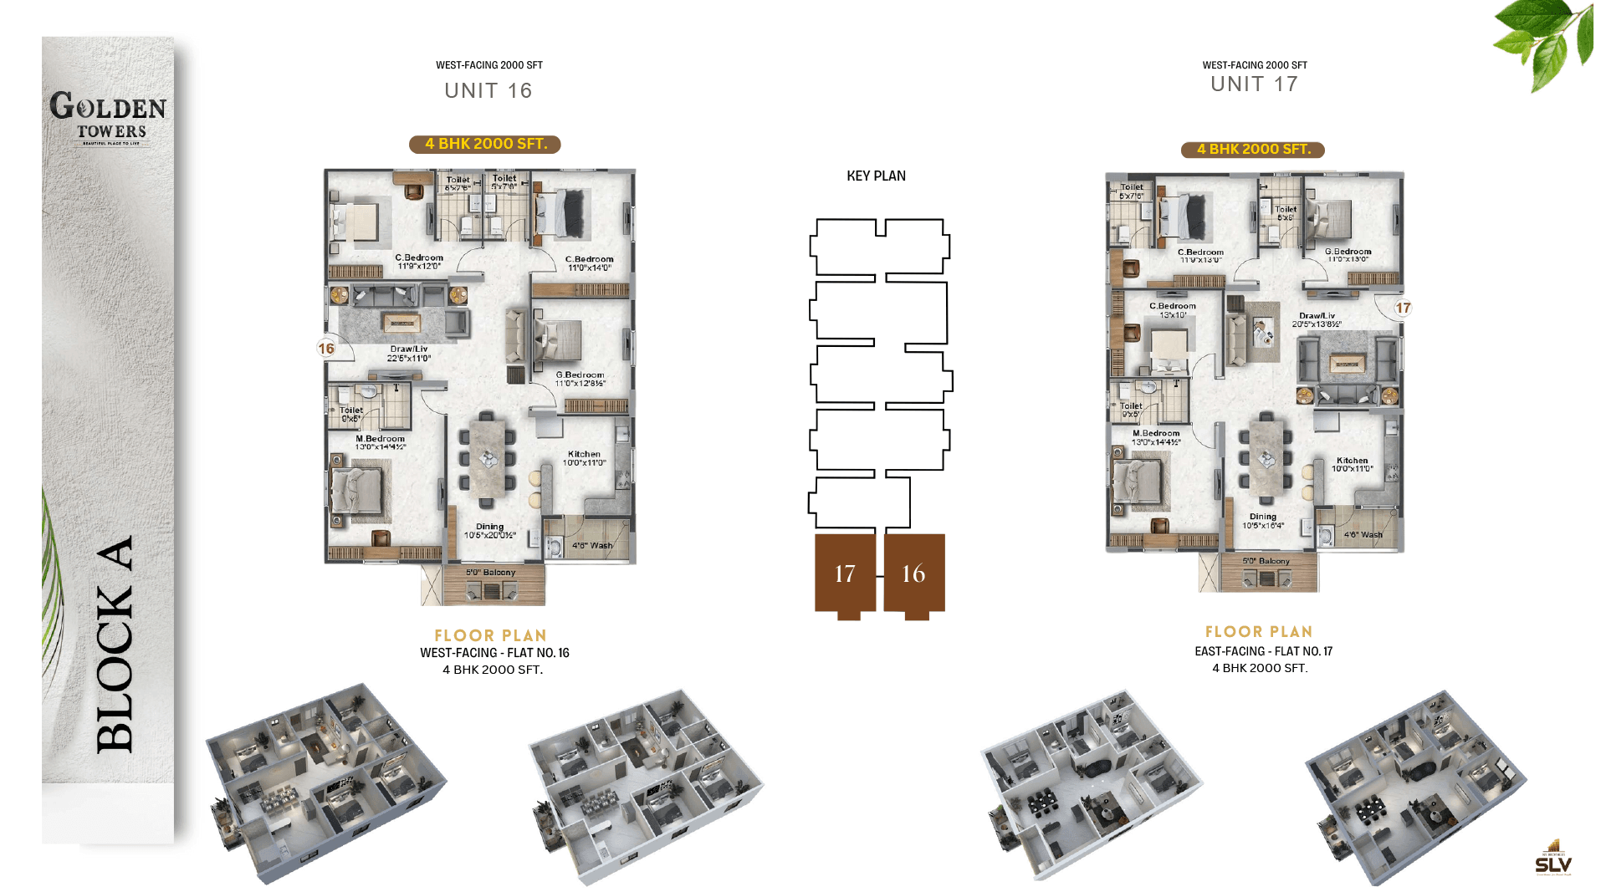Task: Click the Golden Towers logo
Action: click(108, 118)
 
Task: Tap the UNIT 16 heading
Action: click(488, 90)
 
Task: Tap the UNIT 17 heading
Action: click(1254, 84)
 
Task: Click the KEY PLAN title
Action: click(876, 176)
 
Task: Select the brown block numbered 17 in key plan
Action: click(845, 573)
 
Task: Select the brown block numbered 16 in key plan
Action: click(913, 573)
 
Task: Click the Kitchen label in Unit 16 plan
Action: click(584, 454)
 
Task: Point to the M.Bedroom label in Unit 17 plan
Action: click(1156, 433)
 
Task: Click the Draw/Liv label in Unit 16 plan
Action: click(408, 349)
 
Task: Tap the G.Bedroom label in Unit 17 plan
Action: click(1348, 252)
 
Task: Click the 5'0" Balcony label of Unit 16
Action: click(490, 573)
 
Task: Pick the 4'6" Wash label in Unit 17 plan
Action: click(1363, 535)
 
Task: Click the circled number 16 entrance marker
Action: click(326, 349)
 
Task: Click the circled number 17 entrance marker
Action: click(1403, 308)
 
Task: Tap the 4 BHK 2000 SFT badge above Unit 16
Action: click(485, 144)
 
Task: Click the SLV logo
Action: click(1553, 859)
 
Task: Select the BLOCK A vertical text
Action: click(115, 645)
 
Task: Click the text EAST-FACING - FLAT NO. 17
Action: click(1263, 651)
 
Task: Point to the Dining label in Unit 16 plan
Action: click(489, 527)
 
